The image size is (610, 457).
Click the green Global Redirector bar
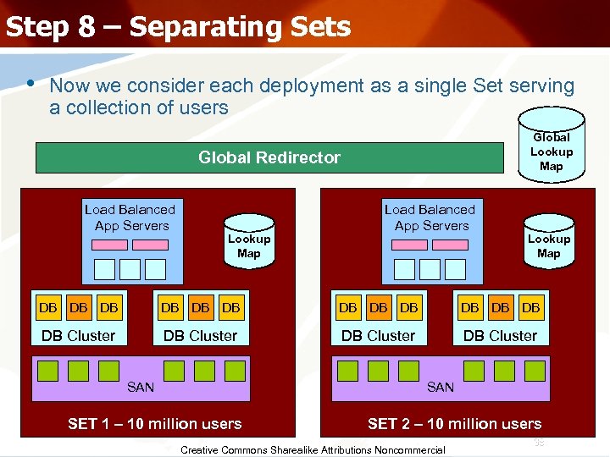[269, 157]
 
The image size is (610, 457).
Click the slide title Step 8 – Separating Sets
[178, 27]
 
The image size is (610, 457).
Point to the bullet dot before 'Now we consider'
[30, 84]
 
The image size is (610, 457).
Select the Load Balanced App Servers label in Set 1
[130, 217]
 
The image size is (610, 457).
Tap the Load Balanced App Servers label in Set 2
[430, 217]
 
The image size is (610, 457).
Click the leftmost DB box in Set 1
[47, 308]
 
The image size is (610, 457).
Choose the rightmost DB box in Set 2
[531, 308]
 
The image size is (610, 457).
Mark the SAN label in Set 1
[141, 388]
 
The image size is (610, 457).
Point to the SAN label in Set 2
[441, 388]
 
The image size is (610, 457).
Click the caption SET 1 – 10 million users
[154, 424]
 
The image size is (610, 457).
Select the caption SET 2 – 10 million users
[454, 424]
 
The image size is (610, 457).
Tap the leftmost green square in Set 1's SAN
[47, 370]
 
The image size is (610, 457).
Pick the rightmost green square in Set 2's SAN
[535, 370]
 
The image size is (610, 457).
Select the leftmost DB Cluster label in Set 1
[78, 336]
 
